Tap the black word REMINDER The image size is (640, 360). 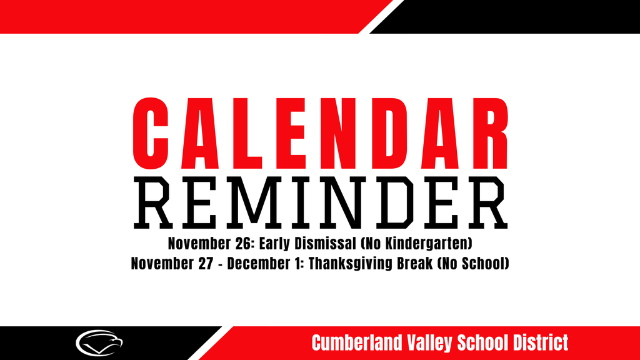pyautogui.click(x=320, y=202)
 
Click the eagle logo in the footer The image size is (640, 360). pyautogui.click(x=99, y=342)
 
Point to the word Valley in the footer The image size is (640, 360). pyautogui.click(x=429, y=342)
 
